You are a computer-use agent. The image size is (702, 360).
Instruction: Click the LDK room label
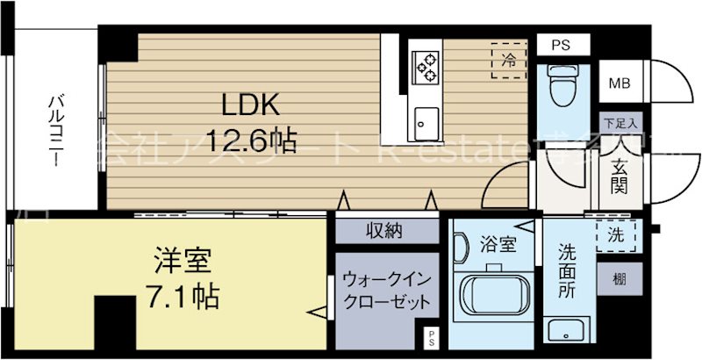point(249,106)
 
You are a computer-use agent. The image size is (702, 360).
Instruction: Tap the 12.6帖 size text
point(250,140)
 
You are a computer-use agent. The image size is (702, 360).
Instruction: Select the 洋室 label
point(182,263)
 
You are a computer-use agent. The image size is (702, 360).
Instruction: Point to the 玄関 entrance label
point(618,175)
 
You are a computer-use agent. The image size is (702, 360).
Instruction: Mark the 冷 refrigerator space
point(508,61)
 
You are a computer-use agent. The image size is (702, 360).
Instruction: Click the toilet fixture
point(557,86)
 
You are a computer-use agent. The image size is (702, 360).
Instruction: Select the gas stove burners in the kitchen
point(426,63)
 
